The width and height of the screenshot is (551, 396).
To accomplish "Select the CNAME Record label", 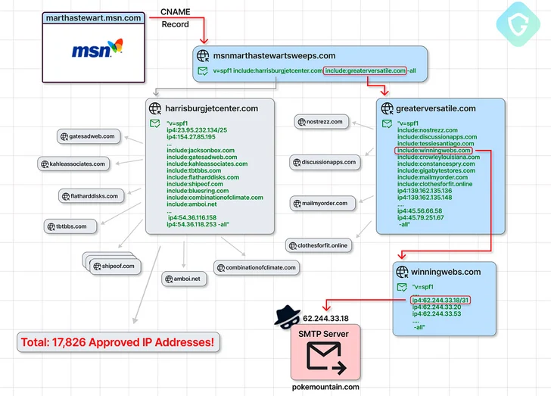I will tap(175, 18).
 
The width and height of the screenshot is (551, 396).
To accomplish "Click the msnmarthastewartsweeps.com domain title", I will tap(274, 55).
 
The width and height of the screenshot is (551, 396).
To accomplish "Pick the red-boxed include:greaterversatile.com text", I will tap(365, 71).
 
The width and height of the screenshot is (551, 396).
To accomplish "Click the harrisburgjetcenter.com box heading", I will tap(212, 108).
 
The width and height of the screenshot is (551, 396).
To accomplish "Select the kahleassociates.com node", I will tap(73, 164).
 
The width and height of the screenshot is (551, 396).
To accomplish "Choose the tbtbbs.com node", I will tap(70, 226).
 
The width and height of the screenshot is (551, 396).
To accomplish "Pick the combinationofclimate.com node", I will tap(256, 267).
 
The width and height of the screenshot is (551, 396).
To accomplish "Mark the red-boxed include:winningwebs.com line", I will tap(434, 150).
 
